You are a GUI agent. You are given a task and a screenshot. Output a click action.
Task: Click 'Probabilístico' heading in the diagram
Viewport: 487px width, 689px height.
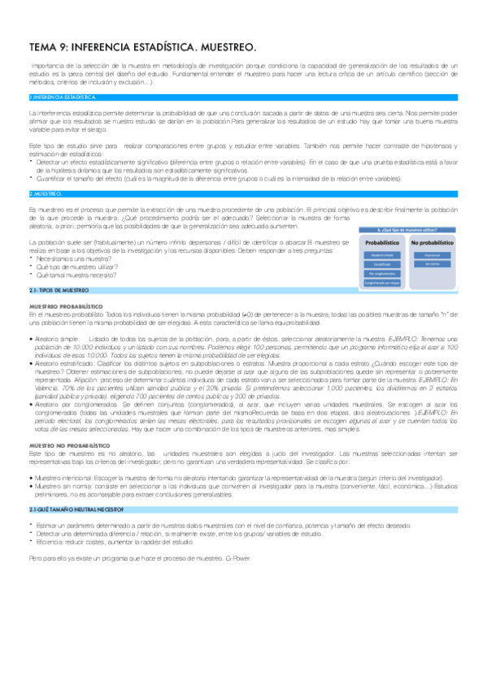381,242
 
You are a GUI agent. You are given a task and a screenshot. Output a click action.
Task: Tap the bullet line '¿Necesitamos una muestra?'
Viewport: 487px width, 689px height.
68,258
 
